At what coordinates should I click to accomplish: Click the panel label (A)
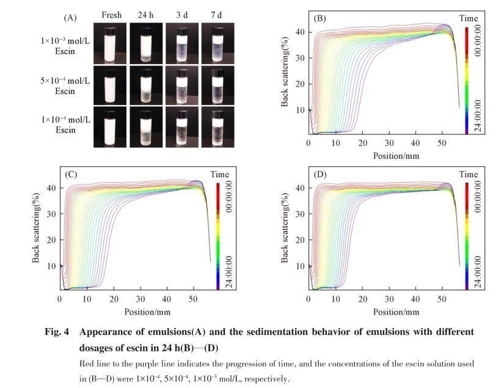pyautogui.click(x=71, y=16)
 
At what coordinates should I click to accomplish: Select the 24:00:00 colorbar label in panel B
pyautogui.click(x=479, y=117)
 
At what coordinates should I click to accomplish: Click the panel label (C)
pyautogui.click(x=71, y=175)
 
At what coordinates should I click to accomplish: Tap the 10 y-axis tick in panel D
pyautogui.click(x=301, y=267)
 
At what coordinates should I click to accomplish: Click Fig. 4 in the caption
pyautogui.click(x=59, y=332)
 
